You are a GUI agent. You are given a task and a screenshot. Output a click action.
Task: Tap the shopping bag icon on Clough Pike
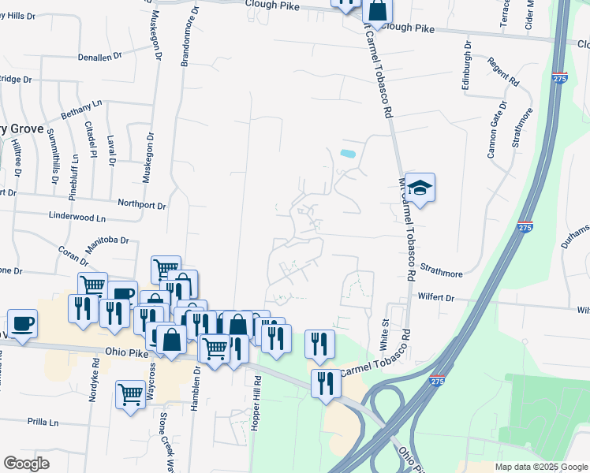[x=378, y=12]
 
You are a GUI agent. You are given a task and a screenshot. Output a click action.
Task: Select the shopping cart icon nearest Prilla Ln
[x=130, y=394]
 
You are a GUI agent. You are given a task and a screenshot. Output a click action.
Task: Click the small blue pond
[x=346, y=152]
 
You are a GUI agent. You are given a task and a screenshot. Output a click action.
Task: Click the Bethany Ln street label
[x=82, y=110]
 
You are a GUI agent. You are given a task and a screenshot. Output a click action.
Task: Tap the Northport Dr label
[x=142, y=205]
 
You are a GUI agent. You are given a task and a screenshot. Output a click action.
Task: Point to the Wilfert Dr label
[x=436, y=298]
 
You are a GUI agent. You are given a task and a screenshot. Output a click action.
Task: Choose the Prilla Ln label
[x=43, y=423]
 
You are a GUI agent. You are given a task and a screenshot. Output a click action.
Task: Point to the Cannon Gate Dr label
[x=497, y=130]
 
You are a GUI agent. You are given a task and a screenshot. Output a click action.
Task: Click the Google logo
[x=26, y=464]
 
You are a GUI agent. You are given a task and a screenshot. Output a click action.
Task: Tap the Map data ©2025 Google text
[x=540, y=467]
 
